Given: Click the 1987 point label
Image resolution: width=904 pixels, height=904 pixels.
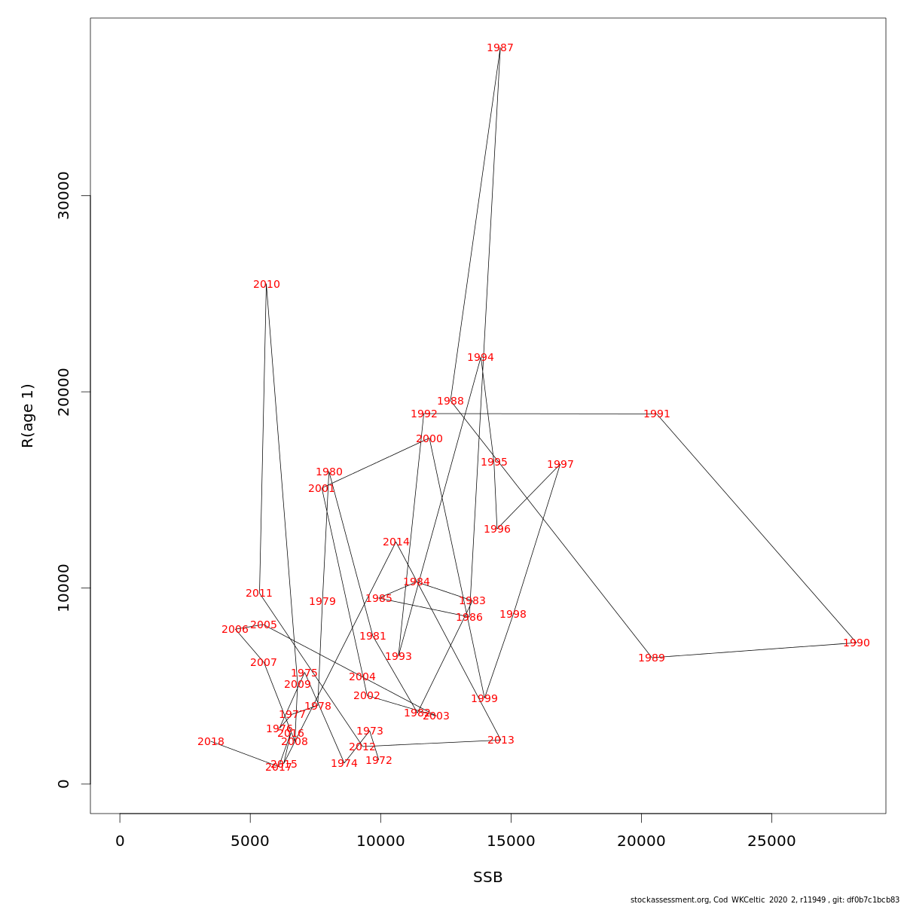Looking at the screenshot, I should pos(500,48).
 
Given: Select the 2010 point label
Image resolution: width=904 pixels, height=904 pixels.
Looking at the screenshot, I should pos(267,285).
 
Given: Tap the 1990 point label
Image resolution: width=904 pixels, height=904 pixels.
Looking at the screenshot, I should pos(857,643).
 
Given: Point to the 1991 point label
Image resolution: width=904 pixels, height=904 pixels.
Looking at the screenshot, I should pos(657,414).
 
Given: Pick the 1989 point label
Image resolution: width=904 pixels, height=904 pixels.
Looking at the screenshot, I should pos(652,658).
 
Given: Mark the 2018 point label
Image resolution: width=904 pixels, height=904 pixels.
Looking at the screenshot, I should pos(211,742).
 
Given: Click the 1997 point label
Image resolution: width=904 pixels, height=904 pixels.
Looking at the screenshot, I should pos(560,465).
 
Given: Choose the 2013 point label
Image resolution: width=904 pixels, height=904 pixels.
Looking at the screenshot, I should pos(501,741).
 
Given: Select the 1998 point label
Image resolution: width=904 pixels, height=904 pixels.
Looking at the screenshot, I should pos(513,615).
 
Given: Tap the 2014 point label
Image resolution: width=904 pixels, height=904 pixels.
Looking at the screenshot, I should pos(396,542).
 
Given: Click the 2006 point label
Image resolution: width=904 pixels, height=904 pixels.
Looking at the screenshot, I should pos(235,630).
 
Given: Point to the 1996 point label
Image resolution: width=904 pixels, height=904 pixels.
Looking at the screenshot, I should pos(497,530).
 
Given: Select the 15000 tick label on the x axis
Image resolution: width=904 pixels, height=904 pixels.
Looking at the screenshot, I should pos(511,841).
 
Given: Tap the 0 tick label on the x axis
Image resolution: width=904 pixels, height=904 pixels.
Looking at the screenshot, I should pos(120,841).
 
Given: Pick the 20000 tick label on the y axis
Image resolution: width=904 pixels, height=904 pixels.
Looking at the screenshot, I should pos(64,392).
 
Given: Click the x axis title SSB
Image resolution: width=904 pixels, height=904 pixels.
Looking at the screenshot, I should pos(488,878).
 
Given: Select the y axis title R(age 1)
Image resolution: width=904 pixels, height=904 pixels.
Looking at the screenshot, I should pos(28,416).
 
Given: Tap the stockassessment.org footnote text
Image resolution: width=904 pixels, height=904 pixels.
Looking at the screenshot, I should pos(765,899).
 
